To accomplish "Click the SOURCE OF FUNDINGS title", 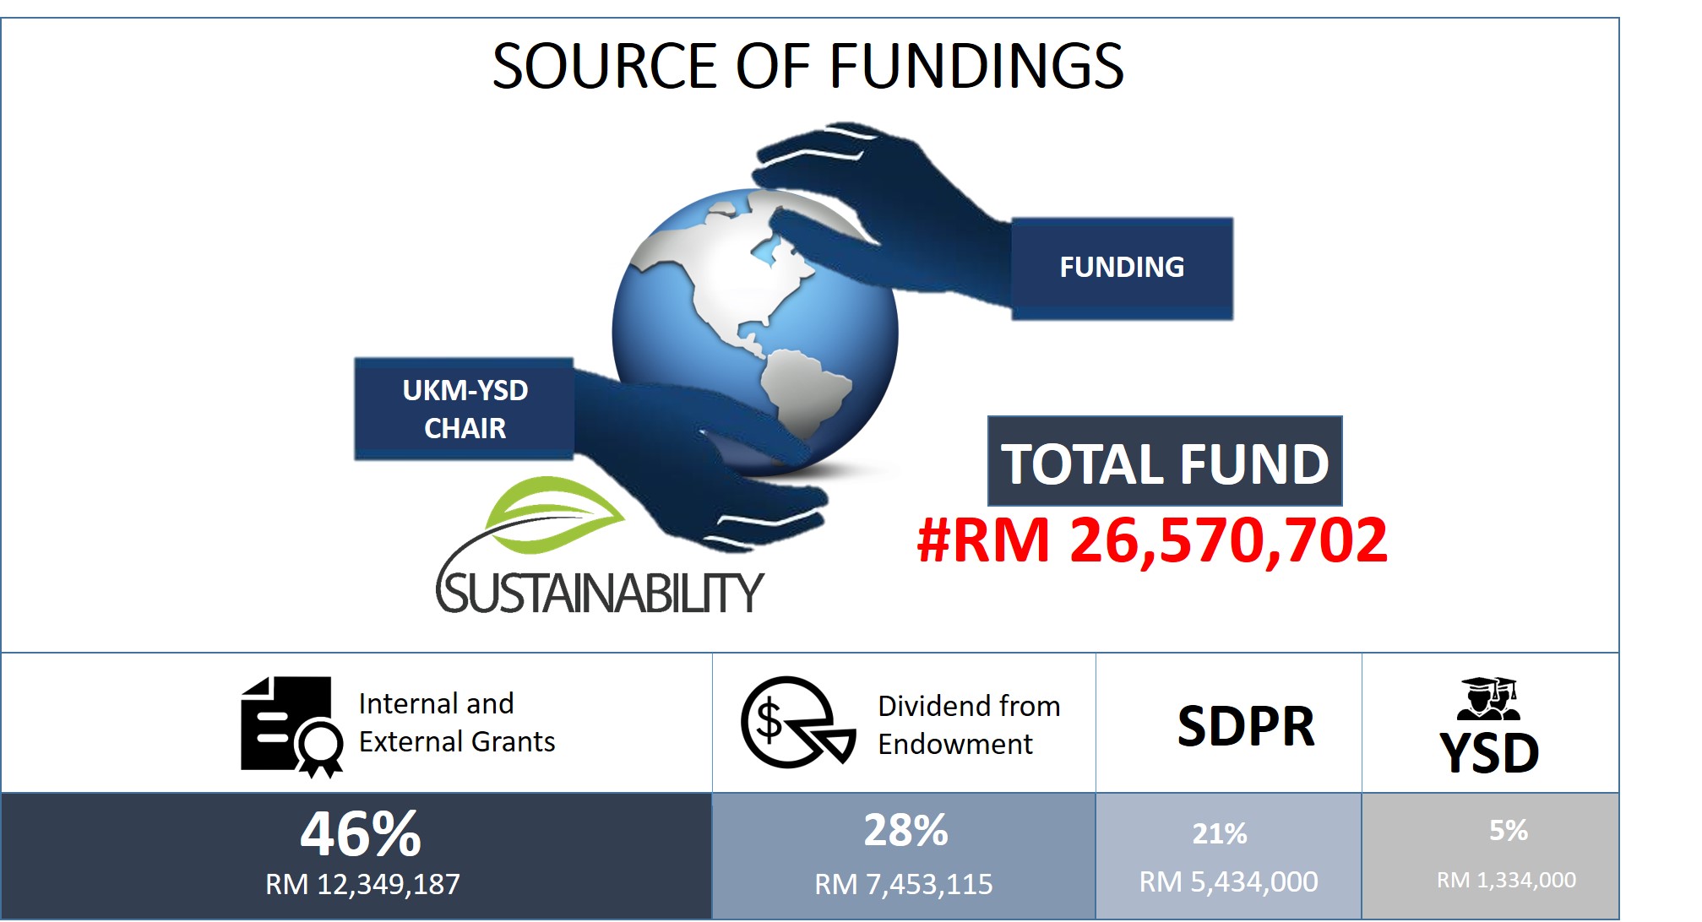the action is (807, 66).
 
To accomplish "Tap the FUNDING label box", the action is (1122, 268).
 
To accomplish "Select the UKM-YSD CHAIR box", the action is (465, 409).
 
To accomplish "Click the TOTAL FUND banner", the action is (1165, 461).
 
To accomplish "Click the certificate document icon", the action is (291, 727).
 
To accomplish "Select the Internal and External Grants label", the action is (457, 723).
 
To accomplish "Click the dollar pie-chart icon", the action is (797, 722).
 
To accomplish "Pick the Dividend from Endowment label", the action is (969, 725).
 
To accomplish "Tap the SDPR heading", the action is (1246, 726).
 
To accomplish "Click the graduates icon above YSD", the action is (1489, 698).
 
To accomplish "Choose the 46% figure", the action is (361, 833).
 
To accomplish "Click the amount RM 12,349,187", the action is (362, 884).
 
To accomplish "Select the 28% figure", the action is (905, 830).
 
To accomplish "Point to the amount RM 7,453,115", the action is (904, 884).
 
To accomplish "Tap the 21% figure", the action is (1220, 833).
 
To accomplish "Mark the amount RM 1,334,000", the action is (1506, 880).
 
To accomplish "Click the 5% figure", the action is (1509, 830).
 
